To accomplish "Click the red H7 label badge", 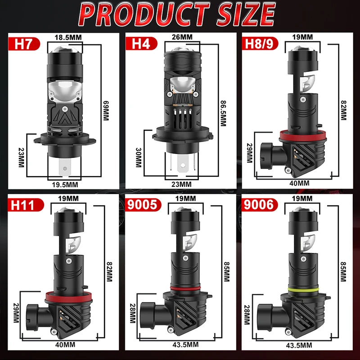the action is (x=24, y=44).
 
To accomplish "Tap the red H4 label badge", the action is (x=141, y=44).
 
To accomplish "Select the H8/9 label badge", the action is (x=260, y=44).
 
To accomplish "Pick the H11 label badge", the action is (x=26, y=205).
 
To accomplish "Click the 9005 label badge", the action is (x=143, y=205).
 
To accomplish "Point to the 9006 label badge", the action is (x=260, y=205).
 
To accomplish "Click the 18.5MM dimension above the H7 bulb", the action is (x=68, y=37).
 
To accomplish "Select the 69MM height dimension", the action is (x=106, y=110).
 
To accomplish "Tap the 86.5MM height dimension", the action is (x=223, y=113).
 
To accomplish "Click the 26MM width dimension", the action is (x=182, y=37).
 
